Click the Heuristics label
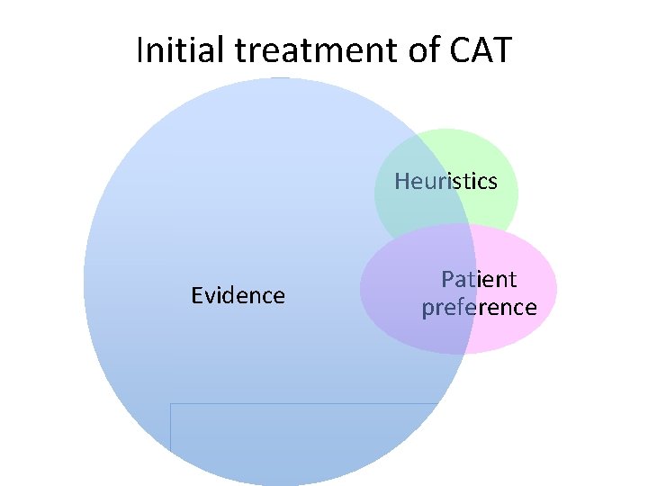(x=445, y=182)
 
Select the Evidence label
(x=238, y=295)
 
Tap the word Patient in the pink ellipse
(x=479, y=279)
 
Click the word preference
(x=479, y=308)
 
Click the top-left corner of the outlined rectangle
(x=171, y=404)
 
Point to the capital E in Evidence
(x=196, y=295)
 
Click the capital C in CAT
(x=456, y=50)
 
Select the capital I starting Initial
(x=140, y=50)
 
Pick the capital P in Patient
(x=446, y=279)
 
